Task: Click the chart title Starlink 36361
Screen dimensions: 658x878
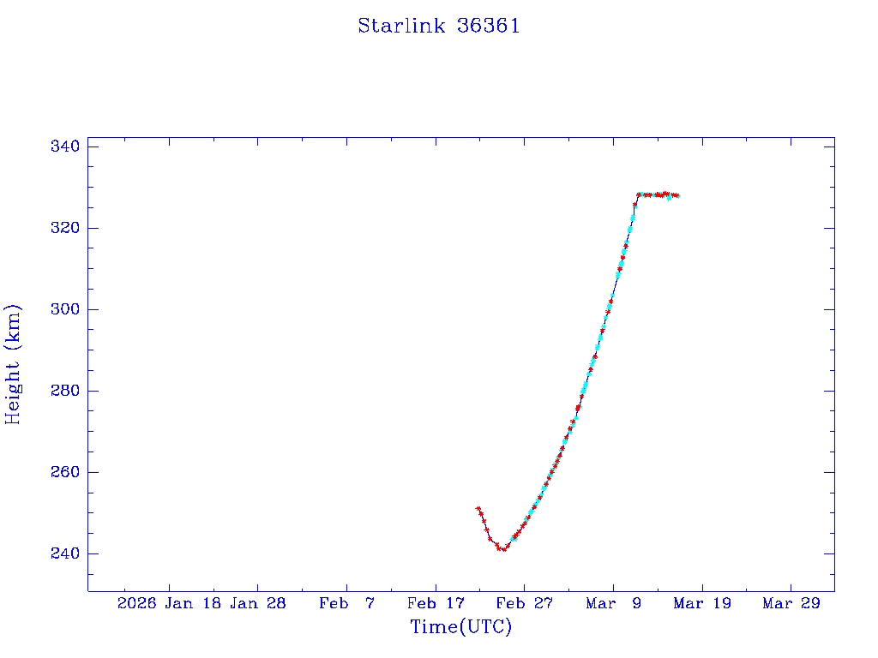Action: pos(439,26)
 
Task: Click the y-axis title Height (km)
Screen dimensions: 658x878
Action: pos(13,363)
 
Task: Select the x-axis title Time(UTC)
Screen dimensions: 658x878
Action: pos(460,627)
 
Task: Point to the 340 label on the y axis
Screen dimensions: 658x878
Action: pos(65,147)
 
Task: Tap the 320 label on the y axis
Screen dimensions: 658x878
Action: pos(65,228)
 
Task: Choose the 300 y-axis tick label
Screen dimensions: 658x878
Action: pos(65,309)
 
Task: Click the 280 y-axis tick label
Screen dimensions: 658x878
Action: pos(65,391)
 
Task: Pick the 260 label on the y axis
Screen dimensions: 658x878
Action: pos(65,472)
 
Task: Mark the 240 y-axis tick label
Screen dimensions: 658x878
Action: pos(65,553)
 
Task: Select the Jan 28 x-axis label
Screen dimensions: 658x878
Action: pos(258,604)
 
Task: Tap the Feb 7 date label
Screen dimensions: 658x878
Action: pos(346,604)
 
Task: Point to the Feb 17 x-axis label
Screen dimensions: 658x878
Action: pos(436,604)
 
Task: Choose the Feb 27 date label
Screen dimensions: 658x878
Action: pos(525,604)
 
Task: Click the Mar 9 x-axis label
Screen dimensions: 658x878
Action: pos(614,604)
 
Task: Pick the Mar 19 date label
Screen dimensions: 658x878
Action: pos(702,604)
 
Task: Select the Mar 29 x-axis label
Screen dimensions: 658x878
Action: pos(791,604)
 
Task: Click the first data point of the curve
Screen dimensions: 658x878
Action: pos(478,508)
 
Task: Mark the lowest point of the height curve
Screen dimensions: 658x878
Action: pos(503,549)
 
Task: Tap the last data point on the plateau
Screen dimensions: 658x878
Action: pos(677,195)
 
